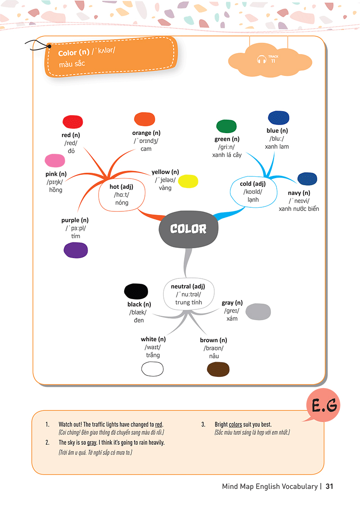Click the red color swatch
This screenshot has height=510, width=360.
[72, 121]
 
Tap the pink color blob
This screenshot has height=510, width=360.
[55, 161]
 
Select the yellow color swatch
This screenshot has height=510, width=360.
[188, 181]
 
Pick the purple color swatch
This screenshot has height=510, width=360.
[76, 250]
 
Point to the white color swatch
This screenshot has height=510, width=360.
[153, 369]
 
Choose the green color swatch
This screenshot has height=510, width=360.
[227, 126]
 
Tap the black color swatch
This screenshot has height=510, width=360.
[136, 291]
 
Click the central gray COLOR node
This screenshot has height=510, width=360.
[189, 228]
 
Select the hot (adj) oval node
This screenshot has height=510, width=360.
[122, 194]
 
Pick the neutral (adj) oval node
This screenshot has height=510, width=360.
[188, 294]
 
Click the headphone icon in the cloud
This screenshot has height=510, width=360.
[261, 59]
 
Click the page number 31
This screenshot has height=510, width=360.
[329, 487]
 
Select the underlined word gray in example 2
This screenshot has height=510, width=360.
[92, 443]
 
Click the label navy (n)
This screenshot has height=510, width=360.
[299, 193]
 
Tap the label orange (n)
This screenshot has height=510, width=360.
[146, 133]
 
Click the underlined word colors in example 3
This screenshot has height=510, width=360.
[235, 424]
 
